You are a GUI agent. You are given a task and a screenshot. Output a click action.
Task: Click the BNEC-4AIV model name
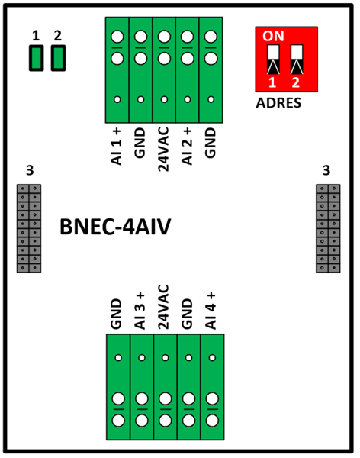click(x=115, y=227)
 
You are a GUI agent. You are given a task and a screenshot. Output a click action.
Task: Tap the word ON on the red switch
click(x=273, y=36)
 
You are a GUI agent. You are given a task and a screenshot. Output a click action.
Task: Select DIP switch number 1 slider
click(x=273, y=60)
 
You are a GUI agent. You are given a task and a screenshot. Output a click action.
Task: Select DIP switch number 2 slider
click(x=297, y=60)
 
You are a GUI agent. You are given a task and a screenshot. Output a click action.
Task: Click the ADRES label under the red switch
click(x=278, y=103)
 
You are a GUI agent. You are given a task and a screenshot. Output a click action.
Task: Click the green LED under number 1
click(x=36, y=58)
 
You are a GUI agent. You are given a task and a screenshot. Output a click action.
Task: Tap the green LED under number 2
click(x=58, y=58)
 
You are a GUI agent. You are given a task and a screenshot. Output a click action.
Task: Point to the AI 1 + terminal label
click(x=117, y=147)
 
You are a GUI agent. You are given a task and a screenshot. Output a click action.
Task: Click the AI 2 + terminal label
click(x=187, y=147)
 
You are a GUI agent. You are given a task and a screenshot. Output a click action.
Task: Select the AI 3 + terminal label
click(x=140, y=311)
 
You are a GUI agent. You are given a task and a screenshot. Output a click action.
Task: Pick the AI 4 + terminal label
click(x=211, y=311)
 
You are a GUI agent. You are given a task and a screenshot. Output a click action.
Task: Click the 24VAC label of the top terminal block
click(x=163, y=149)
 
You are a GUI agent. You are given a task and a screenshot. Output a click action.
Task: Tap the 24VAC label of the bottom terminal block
click(x=163, y=308)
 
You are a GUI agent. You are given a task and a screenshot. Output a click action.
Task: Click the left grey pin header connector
click(x=29, y=228)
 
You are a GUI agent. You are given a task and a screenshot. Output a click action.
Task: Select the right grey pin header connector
click(x=328, y=228)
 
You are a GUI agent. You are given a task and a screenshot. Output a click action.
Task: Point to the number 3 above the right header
click(x=326, y=170)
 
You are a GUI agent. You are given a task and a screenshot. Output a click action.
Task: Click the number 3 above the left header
click(x=30, y=170)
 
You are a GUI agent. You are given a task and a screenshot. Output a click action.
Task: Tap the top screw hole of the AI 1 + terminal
click(x=117, y=37)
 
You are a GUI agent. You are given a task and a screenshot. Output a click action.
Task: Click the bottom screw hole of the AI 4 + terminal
click(x=212, y=421)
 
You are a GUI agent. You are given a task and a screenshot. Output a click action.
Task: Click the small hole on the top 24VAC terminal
click(x=164, y=99)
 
